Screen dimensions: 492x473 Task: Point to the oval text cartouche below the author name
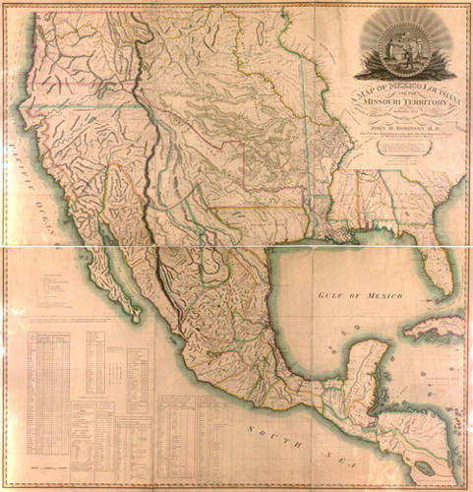398,148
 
